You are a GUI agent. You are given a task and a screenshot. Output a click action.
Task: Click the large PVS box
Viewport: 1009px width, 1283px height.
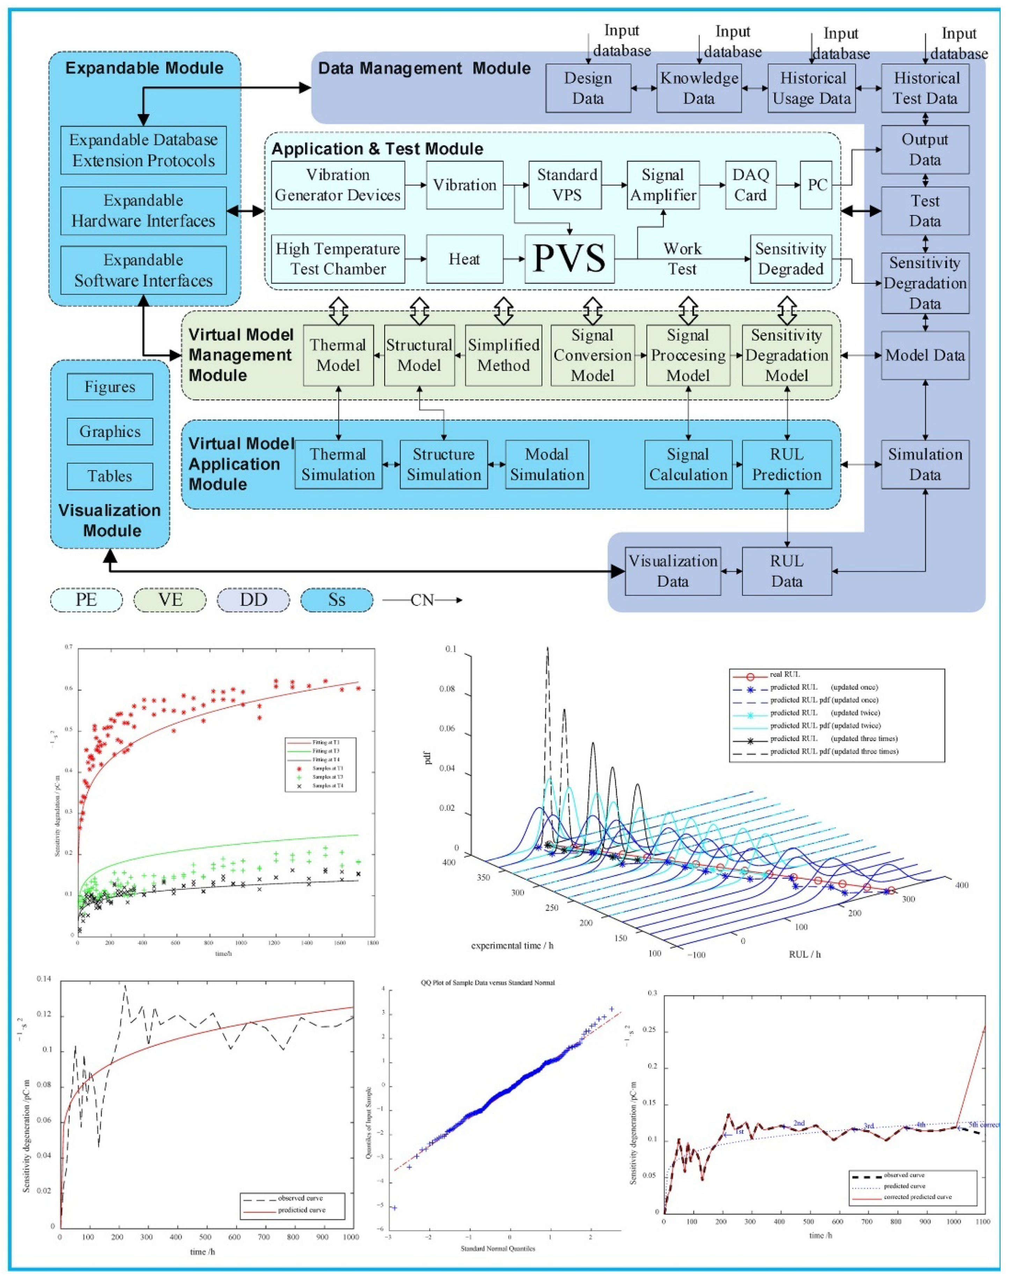[570, 259]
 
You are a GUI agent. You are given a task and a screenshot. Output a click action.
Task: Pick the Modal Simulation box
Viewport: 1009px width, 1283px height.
[547, 464]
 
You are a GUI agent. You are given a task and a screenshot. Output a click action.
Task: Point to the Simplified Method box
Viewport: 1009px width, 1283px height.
[503, 355]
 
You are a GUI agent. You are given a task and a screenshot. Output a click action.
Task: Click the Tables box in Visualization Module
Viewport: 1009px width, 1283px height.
[110, 476]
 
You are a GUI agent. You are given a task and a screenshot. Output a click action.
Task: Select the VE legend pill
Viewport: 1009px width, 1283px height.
[170, 600]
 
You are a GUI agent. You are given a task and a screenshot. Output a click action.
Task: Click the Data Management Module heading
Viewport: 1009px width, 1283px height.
[424, 68]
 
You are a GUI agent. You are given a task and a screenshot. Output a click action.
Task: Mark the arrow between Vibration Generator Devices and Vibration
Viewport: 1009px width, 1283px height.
[416, 185]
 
